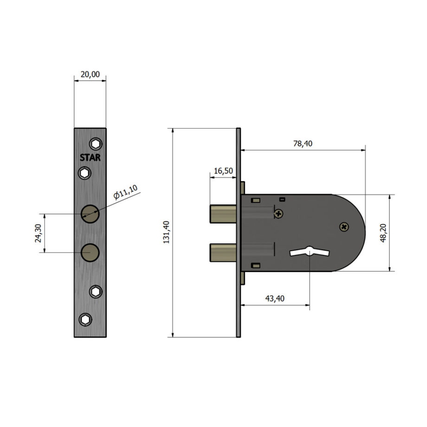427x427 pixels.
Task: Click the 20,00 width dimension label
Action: pos(90,74)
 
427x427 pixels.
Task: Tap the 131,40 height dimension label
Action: pos(166,232)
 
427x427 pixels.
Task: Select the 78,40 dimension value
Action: pos(303,143)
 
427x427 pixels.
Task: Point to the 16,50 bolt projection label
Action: pos(223,171)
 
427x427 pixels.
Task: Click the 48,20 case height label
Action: pos(383,233)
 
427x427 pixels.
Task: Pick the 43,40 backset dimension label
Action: pos(275,298)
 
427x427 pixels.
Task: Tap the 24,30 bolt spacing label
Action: pos(38,233)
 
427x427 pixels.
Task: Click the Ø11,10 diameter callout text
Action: pos(125,192)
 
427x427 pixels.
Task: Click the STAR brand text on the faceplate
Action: pos(90,157)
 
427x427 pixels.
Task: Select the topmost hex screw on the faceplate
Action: pos(96,144)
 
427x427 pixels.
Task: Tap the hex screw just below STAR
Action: pos(84,173)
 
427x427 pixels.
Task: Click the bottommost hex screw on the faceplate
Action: pos(85,319)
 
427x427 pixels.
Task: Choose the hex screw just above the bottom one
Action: pos(96,291)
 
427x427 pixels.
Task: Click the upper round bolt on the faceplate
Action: pos(90,214)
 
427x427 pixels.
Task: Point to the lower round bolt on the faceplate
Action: pos(90,252)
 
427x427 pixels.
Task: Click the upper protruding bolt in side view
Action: pos(223,214)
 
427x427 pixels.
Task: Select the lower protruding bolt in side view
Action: pos(223,252)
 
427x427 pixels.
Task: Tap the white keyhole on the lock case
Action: pos(310,252)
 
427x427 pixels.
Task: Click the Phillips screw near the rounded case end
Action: pos(344,227)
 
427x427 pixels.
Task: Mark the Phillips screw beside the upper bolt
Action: pos(278,213)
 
